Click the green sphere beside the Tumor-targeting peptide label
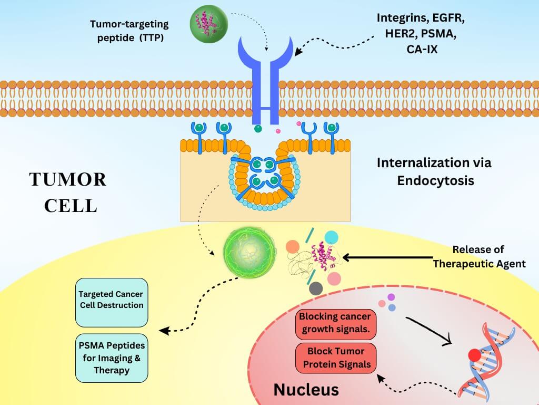tap(206, 23)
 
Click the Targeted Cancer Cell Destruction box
tap(111, 300)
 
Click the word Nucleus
tap(306, 390)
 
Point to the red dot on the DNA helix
tap(475, 354)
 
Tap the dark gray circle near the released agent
tap(316, 288)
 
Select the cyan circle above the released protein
tap(332, 238)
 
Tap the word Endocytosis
tap(435, 180)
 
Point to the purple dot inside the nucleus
tap(391, 297)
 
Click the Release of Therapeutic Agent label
tap(478, 256)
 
